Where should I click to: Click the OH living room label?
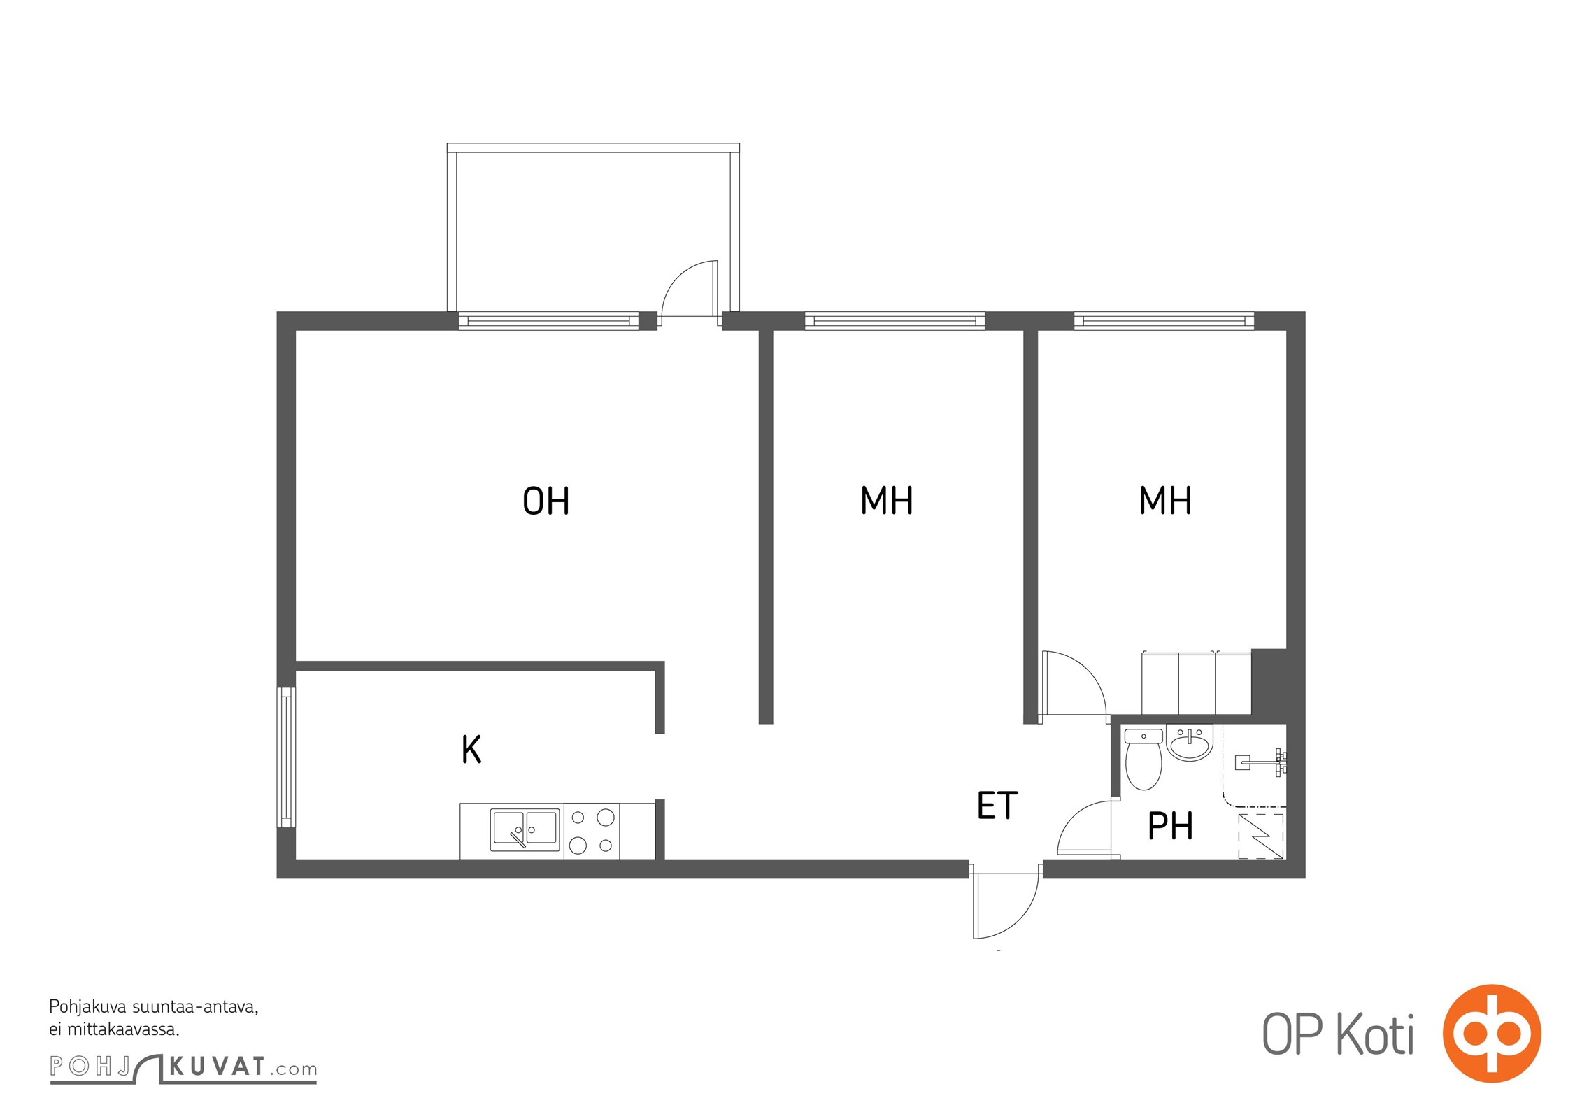pos(546,501)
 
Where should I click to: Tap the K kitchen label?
pos(471,749)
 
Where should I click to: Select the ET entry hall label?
pos(997,806)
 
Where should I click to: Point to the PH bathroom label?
pos(1171,826)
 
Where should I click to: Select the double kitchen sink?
pos(525,829)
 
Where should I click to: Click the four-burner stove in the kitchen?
pos(592,831)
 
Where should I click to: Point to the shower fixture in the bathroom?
pos(1260,762)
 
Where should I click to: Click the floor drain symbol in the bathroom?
pos(1262,836)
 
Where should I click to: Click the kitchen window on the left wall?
pos(286,757)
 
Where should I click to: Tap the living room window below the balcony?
pos(548,321)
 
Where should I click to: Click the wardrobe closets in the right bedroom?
pos(1197,683)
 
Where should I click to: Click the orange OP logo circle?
pos(1491,1033)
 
